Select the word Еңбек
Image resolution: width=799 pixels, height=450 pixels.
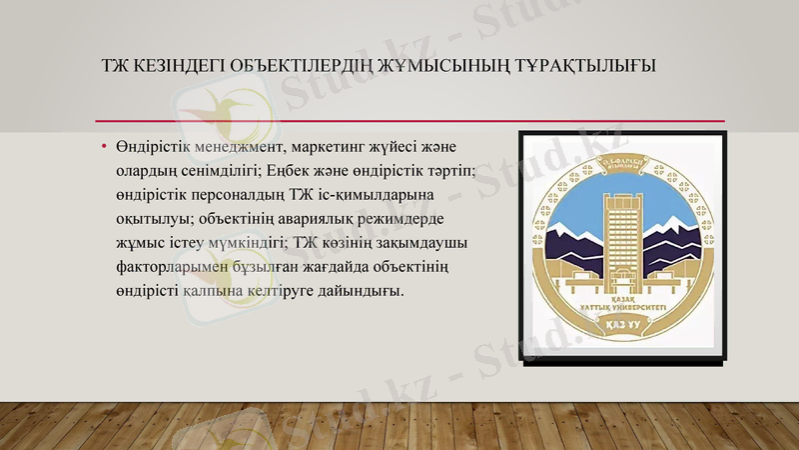(295, 171)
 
